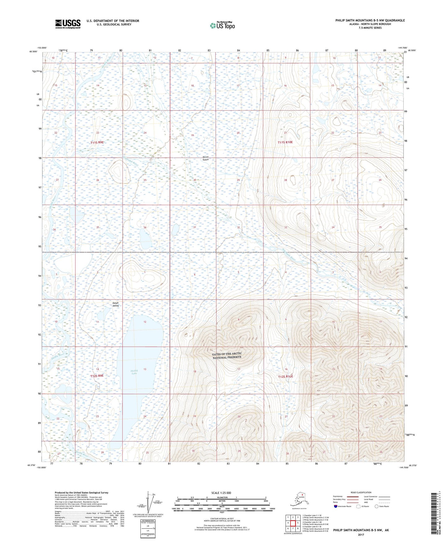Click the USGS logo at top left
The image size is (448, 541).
pyautogui.click(x=68, y=24)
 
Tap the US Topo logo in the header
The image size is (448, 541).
pyautogui.click(x=222, y=25)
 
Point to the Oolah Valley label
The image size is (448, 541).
pyautogui.click(x=116, y=304)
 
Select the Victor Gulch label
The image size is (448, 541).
pyautogui.click(x=206, y=158)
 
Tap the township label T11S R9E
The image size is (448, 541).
pyautogui.click(x=97, y=143)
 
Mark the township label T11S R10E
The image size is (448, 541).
pyautogui.click(x=285, y=142)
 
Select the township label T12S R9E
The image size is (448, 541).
pyautogui.click(x=97, y=376)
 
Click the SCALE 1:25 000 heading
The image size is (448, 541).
pyautogui.click(x=221, y=493)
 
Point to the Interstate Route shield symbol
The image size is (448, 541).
pyautogui.click(x=336, y=506)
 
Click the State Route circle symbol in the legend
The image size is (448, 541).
pyautogui.click(x=377, y=506)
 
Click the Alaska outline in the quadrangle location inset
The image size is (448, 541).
pyautogui.click(x=298, y=499)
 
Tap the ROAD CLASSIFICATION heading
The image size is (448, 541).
pyautogui.click(x=361, y=492)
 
